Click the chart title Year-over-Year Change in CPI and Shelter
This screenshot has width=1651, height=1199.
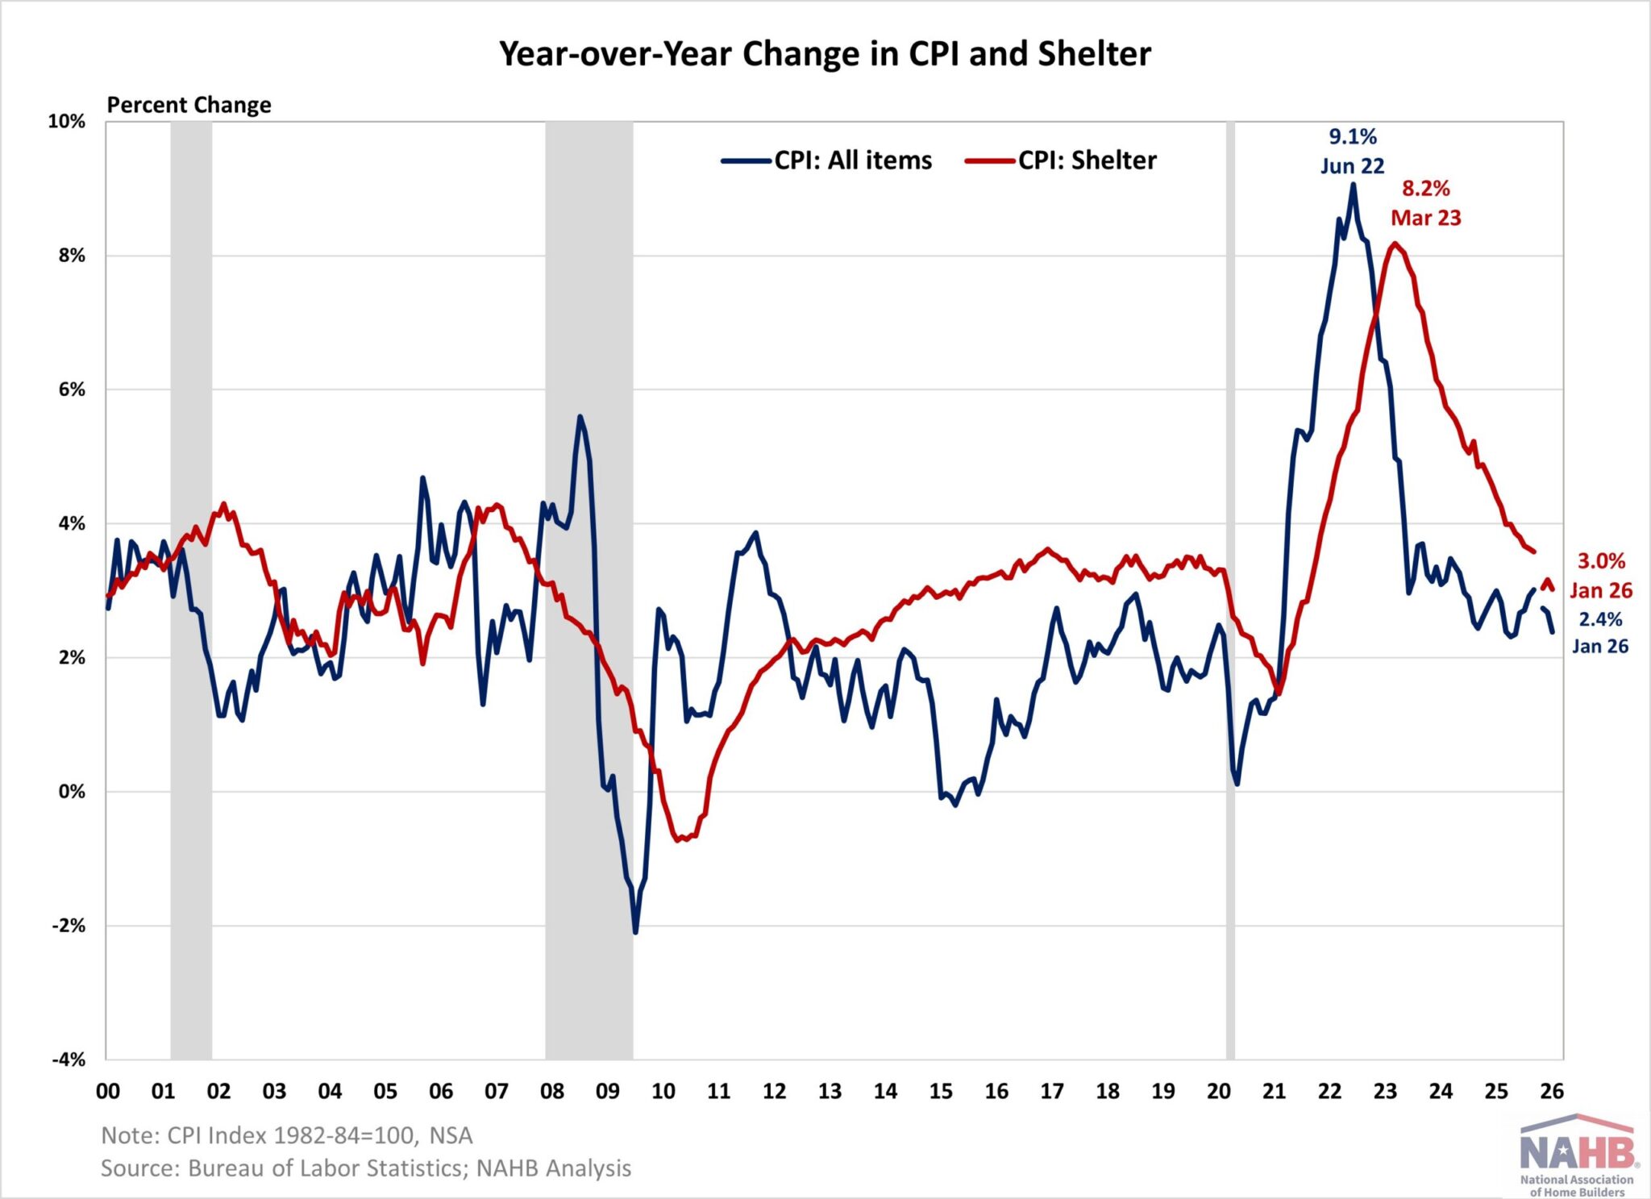(x=825, y=54)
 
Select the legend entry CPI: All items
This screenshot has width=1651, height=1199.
(x=852, y=160)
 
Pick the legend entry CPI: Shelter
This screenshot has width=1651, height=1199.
(x=1087, y=160)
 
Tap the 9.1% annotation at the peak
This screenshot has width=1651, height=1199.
(x=1353, y=136)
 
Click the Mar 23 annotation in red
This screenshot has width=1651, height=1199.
(x=1425, y=218)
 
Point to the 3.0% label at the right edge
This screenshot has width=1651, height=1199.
(x=1601, y=561)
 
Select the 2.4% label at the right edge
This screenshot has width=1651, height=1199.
(x=1600, y=619)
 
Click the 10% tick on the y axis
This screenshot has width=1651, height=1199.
(x=66, y=122)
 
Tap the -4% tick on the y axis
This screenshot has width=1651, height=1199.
(x=69, y=1060)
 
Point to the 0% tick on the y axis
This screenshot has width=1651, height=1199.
(x=71, y=792)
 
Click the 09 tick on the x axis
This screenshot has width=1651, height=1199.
(x=607, y=1091)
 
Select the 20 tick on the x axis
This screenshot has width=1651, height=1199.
(x=1218, y=1091)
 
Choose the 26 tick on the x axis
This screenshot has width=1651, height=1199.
(x=1552, y=1091)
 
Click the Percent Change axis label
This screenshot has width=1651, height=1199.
(x=189, y=105)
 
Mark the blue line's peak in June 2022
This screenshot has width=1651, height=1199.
(x=1353, y=185)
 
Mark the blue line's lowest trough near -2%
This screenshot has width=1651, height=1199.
(x=635, y=932)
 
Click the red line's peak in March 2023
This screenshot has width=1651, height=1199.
(x=1394, y=244)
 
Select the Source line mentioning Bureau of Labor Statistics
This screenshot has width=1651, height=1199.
(x=365, y=1168)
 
